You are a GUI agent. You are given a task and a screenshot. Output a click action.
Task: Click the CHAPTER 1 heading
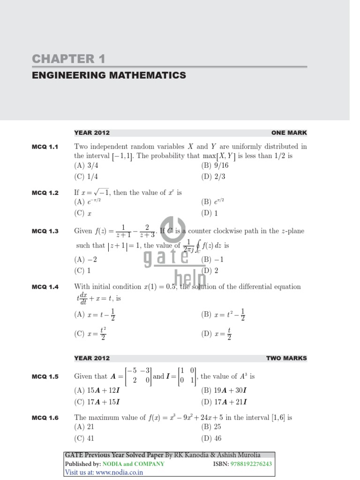coord(68,59)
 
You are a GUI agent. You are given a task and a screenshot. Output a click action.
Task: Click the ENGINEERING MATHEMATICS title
coord(109,75)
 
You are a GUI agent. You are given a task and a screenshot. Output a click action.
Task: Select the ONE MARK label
coord(289,133)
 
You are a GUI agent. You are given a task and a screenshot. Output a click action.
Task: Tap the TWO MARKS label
coord(286,358)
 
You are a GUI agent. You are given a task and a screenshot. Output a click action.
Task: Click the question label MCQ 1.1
coord(45,147)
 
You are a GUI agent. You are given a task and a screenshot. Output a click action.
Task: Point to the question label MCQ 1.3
coord(45,231)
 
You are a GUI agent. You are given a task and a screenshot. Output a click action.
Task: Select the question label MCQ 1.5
coord(45,376)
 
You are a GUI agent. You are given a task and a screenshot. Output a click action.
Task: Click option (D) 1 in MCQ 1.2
coord(210,213)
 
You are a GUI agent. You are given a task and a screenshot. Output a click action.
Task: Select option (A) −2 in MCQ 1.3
coord(86,259)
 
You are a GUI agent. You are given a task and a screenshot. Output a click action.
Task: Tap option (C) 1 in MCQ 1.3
coord(82,270)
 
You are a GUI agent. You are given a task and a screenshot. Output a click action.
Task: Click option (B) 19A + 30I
coord(224,390)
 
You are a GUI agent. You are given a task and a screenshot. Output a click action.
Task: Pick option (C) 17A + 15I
coord(97,402)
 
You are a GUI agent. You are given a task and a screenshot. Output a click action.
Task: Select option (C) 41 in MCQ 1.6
coord(84,439)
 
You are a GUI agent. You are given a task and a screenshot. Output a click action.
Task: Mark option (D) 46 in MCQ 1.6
coord(211,439)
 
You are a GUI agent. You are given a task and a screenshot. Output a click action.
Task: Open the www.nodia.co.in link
coord(120,472)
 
